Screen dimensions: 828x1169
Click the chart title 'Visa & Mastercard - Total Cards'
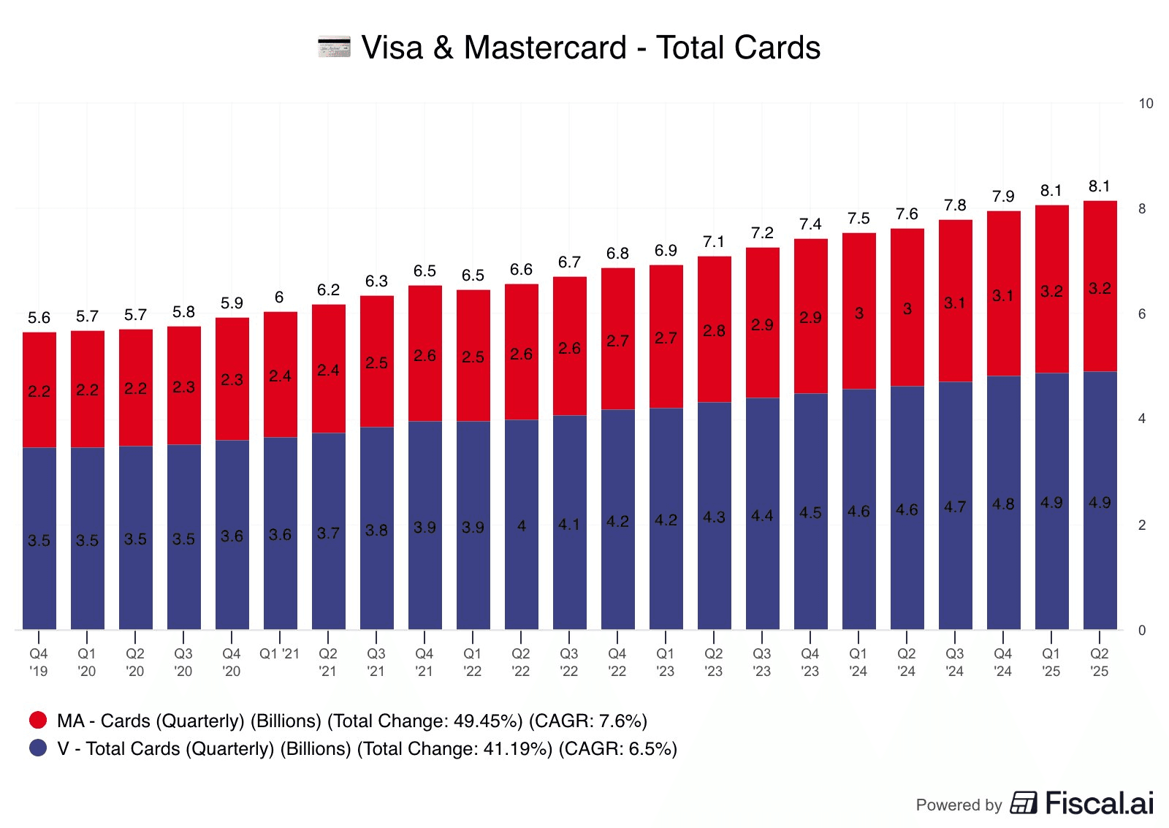pyautogui.click(x=590, y=48)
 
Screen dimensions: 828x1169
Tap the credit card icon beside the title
pyautogui.click(x=334, y=47)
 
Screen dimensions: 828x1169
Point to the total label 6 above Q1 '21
pyautogui.click(x=279, y=297)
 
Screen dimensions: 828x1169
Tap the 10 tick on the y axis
pyautogui.click(x=1146, y=104)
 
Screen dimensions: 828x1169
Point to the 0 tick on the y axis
pyautogui.click(x=1142, y=630)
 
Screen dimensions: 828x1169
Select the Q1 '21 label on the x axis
pyautogui.click(x=279, y=654)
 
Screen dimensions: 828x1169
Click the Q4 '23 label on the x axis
pyautogui.click(x=810, y=662)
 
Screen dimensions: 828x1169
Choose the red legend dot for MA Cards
pyautogui.click(x=38, y=721)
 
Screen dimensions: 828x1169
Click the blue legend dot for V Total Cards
pyautogui.click(x=38, y=748)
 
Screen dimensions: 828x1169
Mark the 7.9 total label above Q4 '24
pyautogui.click(x=1003, y=197)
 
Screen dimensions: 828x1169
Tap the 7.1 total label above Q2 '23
pyautogui.click(x=714, y=242)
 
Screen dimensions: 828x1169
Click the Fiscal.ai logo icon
pyautogui.click(x=1024, y=802)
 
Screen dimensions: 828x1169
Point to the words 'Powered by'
pyautogui.click(x=959, y=805)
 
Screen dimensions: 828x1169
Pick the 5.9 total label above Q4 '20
pyautogui.click(x=232, y=303)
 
